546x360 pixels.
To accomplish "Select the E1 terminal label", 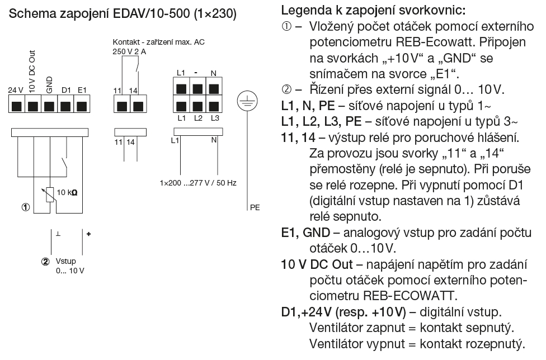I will pyautogui.click(x=82, y=89).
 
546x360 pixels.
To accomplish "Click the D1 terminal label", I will pyautogui.click(x=65, y=89).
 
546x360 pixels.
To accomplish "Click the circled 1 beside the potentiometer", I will pyautogui.click(x=25, y=207).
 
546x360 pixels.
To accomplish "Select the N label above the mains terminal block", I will pyautogui.click(x=213, y=73).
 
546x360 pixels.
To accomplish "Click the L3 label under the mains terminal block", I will pyautogui.click(x=215, y=118).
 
